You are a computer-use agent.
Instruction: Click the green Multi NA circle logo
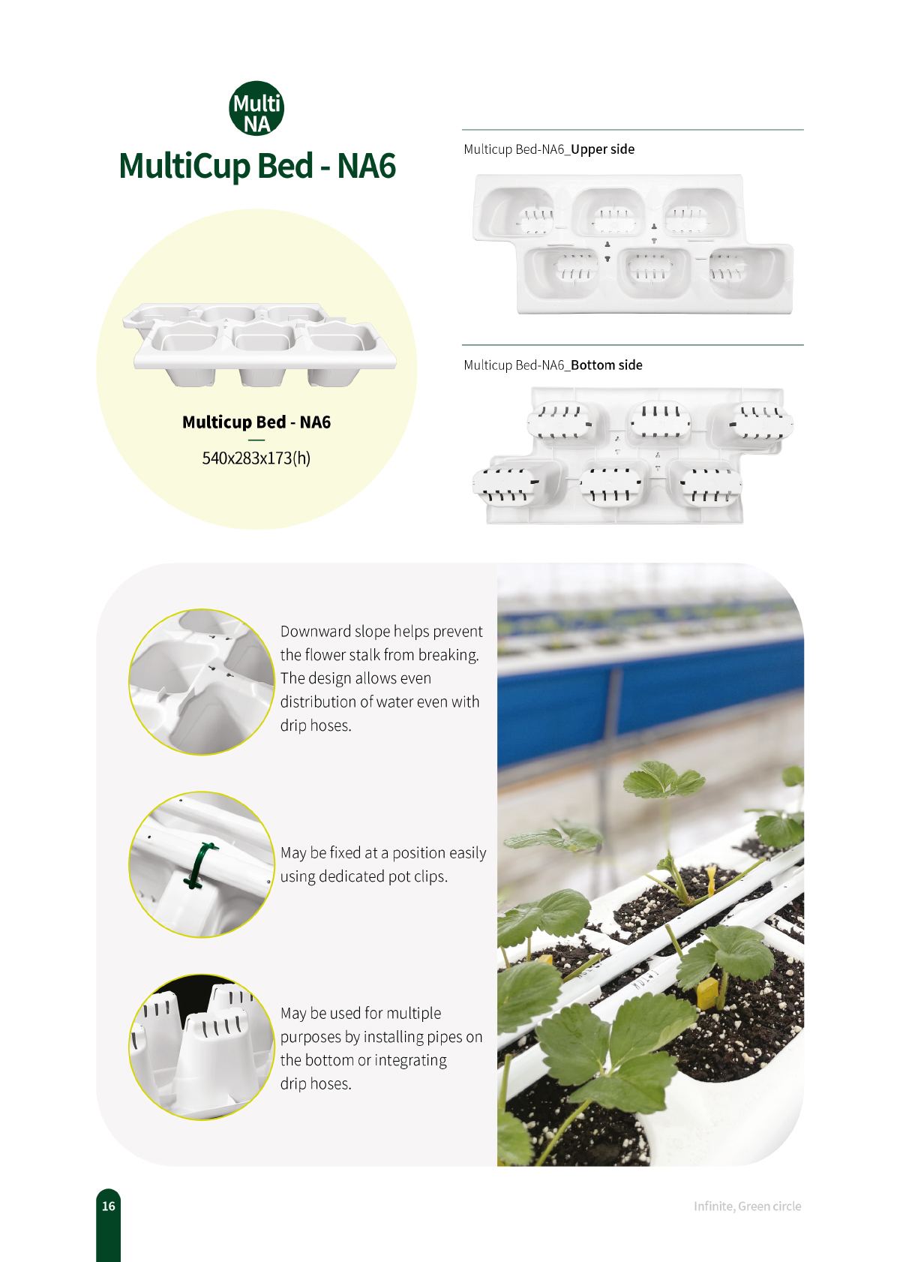[x=256, y=108]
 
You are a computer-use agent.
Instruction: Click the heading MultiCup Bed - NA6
[x=256, y=166]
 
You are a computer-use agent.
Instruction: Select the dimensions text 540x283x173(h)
[x=256, y=458]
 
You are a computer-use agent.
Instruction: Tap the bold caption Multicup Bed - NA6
[x=256, y=422]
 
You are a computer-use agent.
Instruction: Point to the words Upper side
[x=603, y=149]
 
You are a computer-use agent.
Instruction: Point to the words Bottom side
[x=607, y=365]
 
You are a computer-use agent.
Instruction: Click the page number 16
[x=108, y=1206]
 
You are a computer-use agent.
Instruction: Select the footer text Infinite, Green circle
[x=747, y=1206]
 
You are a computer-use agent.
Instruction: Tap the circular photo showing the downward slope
[x=202, y=682]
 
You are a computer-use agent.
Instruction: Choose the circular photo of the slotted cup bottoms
[x=202, y=1047]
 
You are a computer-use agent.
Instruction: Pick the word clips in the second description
[x=430, y=876]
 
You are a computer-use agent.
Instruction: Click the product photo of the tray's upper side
[x=633, y=243]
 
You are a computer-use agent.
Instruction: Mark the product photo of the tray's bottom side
[x=633, y=455]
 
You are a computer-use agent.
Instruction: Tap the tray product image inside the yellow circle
[x=259, y=345]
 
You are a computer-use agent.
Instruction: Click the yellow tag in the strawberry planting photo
[x=707, y=993]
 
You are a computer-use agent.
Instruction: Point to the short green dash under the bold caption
[x=256, y=440]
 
